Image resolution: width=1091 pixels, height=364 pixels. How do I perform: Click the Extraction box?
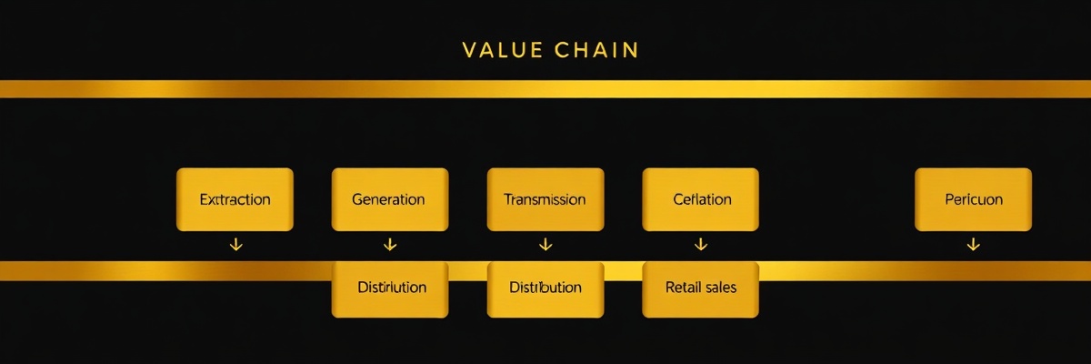pos(235,198)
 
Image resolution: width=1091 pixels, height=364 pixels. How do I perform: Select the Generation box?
pos(390,198)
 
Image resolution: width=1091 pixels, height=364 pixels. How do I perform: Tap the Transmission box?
pos(545,198)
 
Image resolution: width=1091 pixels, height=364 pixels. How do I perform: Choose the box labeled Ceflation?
pos(701,198)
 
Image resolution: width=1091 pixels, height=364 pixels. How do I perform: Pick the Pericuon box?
pos(973,198)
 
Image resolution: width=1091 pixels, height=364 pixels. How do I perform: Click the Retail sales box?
pos(701,288)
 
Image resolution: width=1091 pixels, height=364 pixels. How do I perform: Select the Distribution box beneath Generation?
pos(390,288)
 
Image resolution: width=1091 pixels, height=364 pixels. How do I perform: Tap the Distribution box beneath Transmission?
pos(545,288)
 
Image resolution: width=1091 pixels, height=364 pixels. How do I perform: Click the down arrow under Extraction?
pos(235,244)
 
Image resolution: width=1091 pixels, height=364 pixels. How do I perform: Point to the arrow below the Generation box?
pos(390,244)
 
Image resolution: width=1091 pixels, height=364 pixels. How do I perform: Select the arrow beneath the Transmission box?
pos(545,244)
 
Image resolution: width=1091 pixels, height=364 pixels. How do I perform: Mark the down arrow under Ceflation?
pos(701,244)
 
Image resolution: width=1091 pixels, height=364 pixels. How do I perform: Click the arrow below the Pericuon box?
pos(973,244)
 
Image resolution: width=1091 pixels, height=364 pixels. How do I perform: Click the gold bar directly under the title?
pos(545,88)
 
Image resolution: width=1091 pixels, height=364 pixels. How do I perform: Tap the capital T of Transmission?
pos(508,199)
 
